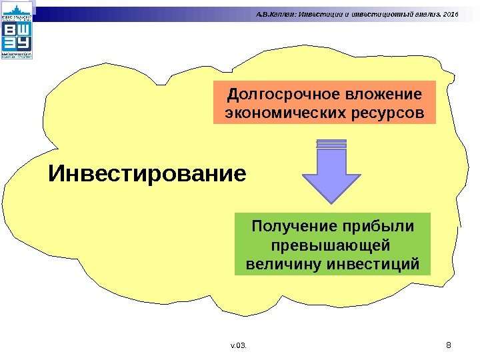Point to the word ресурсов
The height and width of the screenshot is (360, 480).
(x=387, y=113)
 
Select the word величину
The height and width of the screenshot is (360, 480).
(x=283, y=264)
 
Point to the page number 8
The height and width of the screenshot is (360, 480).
(x=448, y=345)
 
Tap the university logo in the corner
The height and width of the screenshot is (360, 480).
(x=17, y=30)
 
